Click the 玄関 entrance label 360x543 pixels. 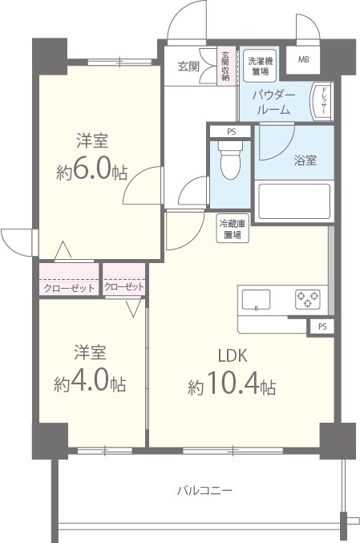click(188, 66)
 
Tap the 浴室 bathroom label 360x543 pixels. click(304, 160)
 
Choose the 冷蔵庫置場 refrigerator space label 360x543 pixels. click(233, 230)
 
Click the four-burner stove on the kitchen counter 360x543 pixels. click(308, 298)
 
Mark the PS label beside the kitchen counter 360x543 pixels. click(322, 326)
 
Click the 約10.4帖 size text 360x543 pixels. click(232, 387)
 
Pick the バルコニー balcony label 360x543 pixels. click(204, 490)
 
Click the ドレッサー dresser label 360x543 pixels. click(321, 101)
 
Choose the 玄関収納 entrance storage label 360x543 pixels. click(226, 67)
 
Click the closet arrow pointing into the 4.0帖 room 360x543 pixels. click(132, 305)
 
